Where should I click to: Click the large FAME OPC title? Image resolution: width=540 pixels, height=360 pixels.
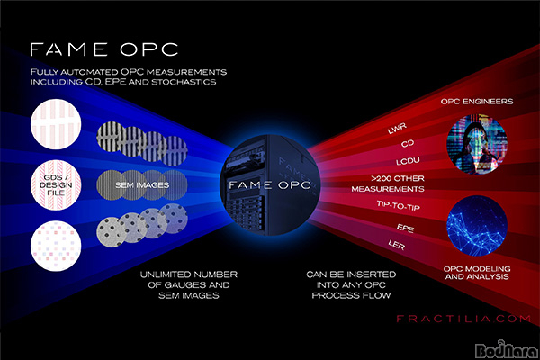[x=104, y=49]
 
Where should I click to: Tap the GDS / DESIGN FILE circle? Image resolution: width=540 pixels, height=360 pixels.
[x=56, y=185]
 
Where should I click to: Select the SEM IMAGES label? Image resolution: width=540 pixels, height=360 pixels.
[x=142, y=185]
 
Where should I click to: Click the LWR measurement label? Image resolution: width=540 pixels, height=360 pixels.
[x=397, y=129]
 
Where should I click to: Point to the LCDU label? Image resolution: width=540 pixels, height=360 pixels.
[x=408, y=161]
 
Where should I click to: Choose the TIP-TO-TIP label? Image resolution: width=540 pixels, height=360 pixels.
[x=398, y=206]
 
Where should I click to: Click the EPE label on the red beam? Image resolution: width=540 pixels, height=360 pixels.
[x=405, y=228]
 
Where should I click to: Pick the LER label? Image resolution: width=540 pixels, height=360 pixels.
[x=397, y=245]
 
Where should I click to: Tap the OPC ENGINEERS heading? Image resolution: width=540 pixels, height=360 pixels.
[x=477, y=102]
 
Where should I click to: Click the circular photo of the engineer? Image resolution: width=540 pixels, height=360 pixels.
[x=477, y=144]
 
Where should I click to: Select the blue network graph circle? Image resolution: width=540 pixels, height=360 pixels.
[x=477, y=226]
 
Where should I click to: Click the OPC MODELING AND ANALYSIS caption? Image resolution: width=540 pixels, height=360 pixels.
[x=477, y=273]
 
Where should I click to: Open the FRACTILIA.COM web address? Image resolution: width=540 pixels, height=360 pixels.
[x=463, y=319]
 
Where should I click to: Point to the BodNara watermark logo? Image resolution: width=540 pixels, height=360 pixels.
[x=506, y=349]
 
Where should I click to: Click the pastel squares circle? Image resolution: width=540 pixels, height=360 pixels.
[x=56, y=246]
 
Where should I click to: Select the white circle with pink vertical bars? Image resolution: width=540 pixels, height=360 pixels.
[x=56, y=124]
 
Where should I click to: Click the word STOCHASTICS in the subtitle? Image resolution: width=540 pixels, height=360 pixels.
[x=184, y=82]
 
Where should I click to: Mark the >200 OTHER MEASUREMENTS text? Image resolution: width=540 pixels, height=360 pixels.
[x=388, y=184]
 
